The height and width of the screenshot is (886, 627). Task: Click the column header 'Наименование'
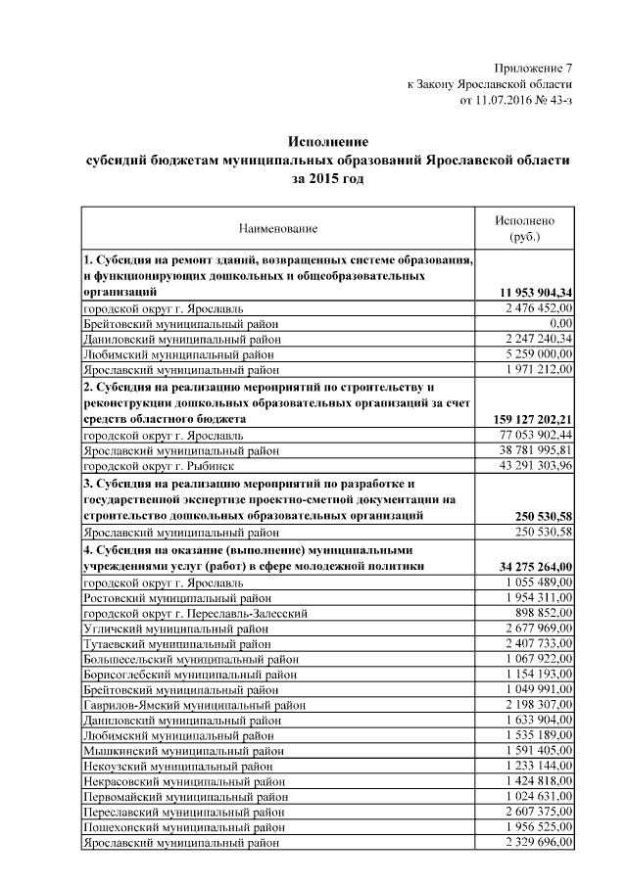point(278,229)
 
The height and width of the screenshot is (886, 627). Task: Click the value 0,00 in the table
point(560,323)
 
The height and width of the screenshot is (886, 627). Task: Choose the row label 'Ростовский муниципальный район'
point(177,596)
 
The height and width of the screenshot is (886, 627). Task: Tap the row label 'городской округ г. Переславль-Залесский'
point(196,612)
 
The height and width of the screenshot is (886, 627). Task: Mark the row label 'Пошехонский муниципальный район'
point(183,826)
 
